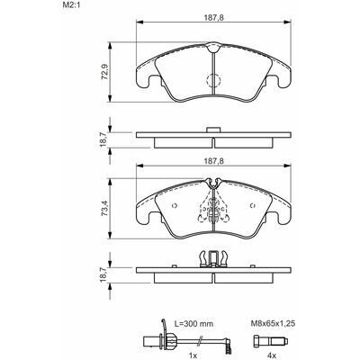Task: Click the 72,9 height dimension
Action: coord(104,72)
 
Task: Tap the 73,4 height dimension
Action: coord(104,208)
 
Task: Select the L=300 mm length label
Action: coord(193,324)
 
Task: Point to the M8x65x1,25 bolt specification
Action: coord(273,323)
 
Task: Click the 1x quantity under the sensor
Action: coord(193,355)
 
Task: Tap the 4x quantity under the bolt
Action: coord(271,355)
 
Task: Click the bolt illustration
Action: coord(271,341)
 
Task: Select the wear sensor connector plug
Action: coord(152,341)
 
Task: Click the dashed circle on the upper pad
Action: coord(213,80)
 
